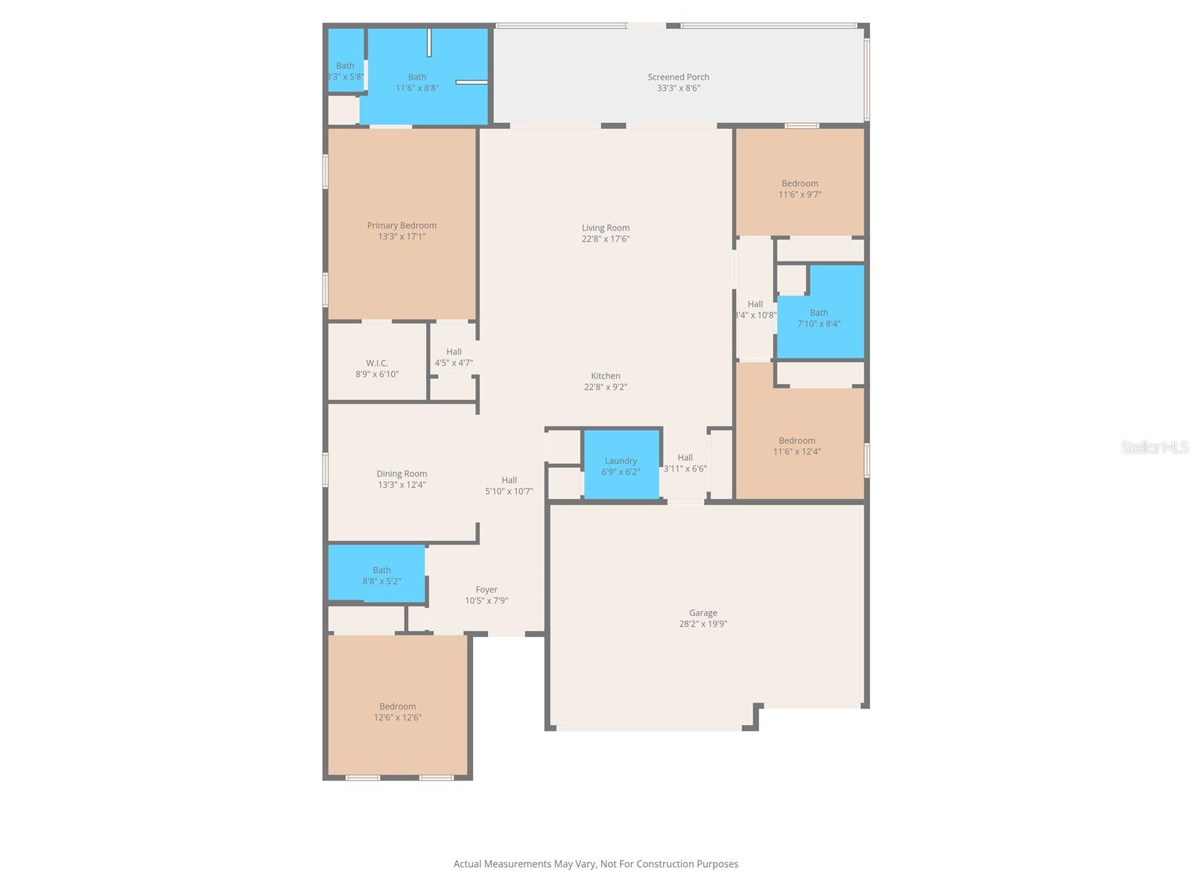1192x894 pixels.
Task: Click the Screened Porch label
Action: (678, 77)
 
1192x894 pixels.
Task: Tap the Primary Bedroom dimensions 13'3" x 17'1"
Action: (402, 237)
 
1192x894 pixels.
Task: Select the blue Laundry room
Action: (621, 466)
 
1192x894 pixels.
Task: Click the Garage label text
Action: (703, 613)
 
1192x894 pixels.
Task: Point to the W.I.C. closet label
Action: (377, 363)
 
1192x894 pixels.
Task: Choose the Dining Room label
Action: (402, 474)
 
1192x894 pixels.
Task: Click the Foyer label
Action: (486, 589)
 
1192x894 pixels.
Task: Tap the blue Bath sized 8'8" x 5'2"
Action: (378, 574)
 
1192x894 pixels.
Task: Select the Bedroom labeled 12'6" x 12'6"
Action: (397, 711)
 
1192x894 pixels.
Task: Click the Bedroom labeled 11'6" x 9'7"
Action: (799, 188)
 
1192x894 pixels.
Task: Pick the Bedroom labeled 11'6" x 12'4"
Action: (797, 446)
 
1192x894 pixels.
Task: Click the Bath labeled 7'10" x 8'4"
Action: (819, 318)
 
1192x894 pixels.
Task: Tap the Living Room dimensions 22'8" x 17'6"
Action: (606, 239)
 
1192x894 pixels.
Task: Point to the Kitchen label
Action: (606, 376)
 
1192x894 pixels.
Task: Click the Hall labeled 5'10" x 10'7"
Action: (509, 486)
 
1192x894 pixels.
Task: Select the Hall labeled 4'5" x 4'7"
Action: (454, 357)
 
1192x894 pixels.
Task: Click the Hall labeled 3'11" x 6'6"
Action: (685, 463)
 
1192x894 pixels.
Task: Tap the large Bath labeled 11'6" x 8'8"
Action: (417, 82)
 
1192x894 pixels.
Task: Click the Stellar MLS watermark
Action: (1155, 447)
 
